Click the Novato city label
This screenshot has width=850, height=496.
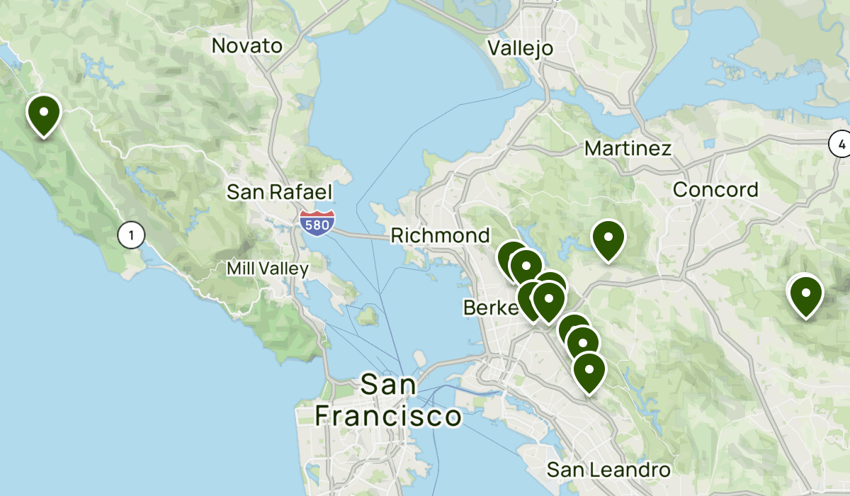pos(247,46)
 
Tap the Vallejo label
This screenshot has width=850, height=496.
pos(521,48)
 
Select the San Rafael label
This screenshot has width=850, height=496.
pos(279,192)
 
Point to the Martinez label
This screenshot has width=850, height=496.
pos(628,149)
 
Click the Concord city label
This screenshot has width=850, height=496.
pos(715,190)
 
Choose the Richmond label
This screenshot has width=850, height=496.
pos(440,235)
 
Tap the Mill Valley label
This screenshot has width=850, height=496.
pos(268,269)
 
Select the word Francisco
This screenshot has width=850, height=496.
pos(388,416)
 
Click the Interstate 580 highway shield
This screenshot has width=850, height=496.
pos(317,222)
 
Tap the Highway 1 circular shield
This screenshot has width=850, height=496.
pos(131,235)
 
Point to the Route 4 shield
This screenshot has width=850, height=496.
pos(841,145)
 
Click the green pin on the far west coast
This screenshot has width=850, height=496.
pos(44,114)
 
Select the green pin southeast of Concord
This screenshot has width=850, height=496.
pos(805,295)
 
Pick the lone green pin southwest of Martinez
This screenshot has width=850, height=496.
pos(608,239)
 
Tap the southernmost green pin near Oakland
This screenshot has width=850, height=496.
pos(589,371)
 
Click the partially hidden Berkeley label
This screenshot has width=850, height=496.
pos(489,308)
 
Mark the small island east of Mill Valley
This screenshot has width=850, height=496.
pos(366,315)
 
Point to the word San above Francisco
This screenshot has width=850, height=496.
pos(389,385)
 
